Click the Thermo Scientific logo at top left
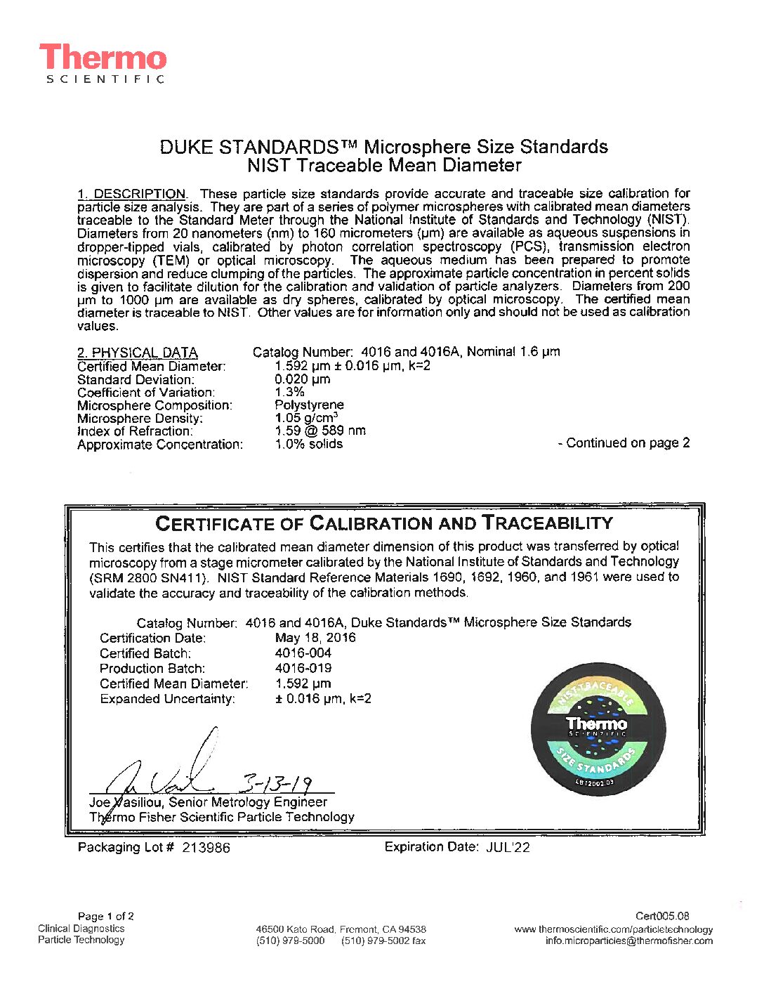click(x=103, y=63)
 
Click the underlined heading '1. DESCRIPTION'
click(x=131, y=194)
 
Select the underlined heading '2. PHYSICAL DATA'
click(x=138, y=353)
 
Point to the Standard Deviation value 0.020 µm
click(x=303, y=379)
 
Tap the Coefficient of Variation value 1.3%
click(x=290, y=392)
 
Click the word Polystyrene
click(x=310, y=405)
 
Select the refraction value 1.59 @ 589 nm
click(x=320, y=431)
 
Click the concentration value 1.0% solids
click(x=309, y=444)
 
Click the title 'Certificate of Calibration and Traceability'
click(x=384, y=523)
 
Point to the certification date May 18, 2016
click(x=315, y=638)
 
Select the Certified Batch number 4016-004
click(x=303, y=653)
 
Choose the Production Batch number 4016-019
click(x=303, y=668)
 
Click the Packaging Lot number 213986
click(x=206, y=848)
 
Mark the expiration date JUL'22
click(x=508, y=848)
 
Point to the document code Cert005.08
click(x=662, y=916)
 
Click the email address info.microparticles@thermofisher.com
click(x=628, y=941)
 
